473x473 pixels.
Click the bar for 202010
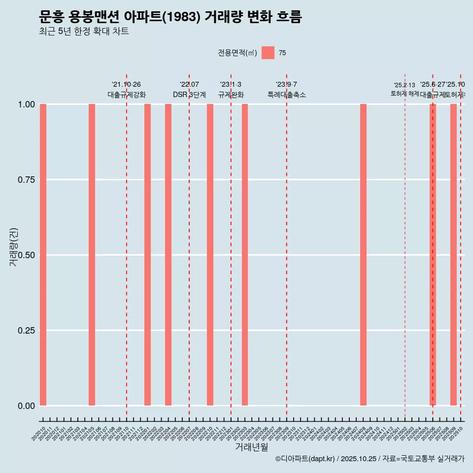pos(43,255)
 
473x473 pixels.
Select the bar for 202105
pos(92,255)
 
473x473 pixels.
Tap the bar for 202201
pos(147,255)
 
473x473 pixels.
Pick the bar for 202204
pos(168,255)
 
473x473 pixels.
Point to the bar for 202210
pos(210,255)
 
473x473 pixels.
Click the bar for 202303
pos(245,255)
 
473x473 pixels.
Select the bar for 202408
pos(363,255)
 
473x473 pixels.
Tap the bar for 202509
pos(453,255)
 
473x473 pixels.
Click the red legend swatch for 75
pos(268,53)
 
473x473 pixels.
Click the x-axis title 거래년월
pos(252,447)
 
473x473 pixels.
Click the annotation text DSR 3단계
pos(189,95)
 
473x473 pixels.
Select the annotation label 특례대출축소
pos(287,95)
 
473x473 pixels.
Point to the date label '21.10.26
pos(126,85)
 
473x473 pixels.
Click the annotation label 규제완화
pos(231,95)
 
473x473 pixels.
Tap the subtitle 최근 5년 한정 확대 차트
pos(84,32)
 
